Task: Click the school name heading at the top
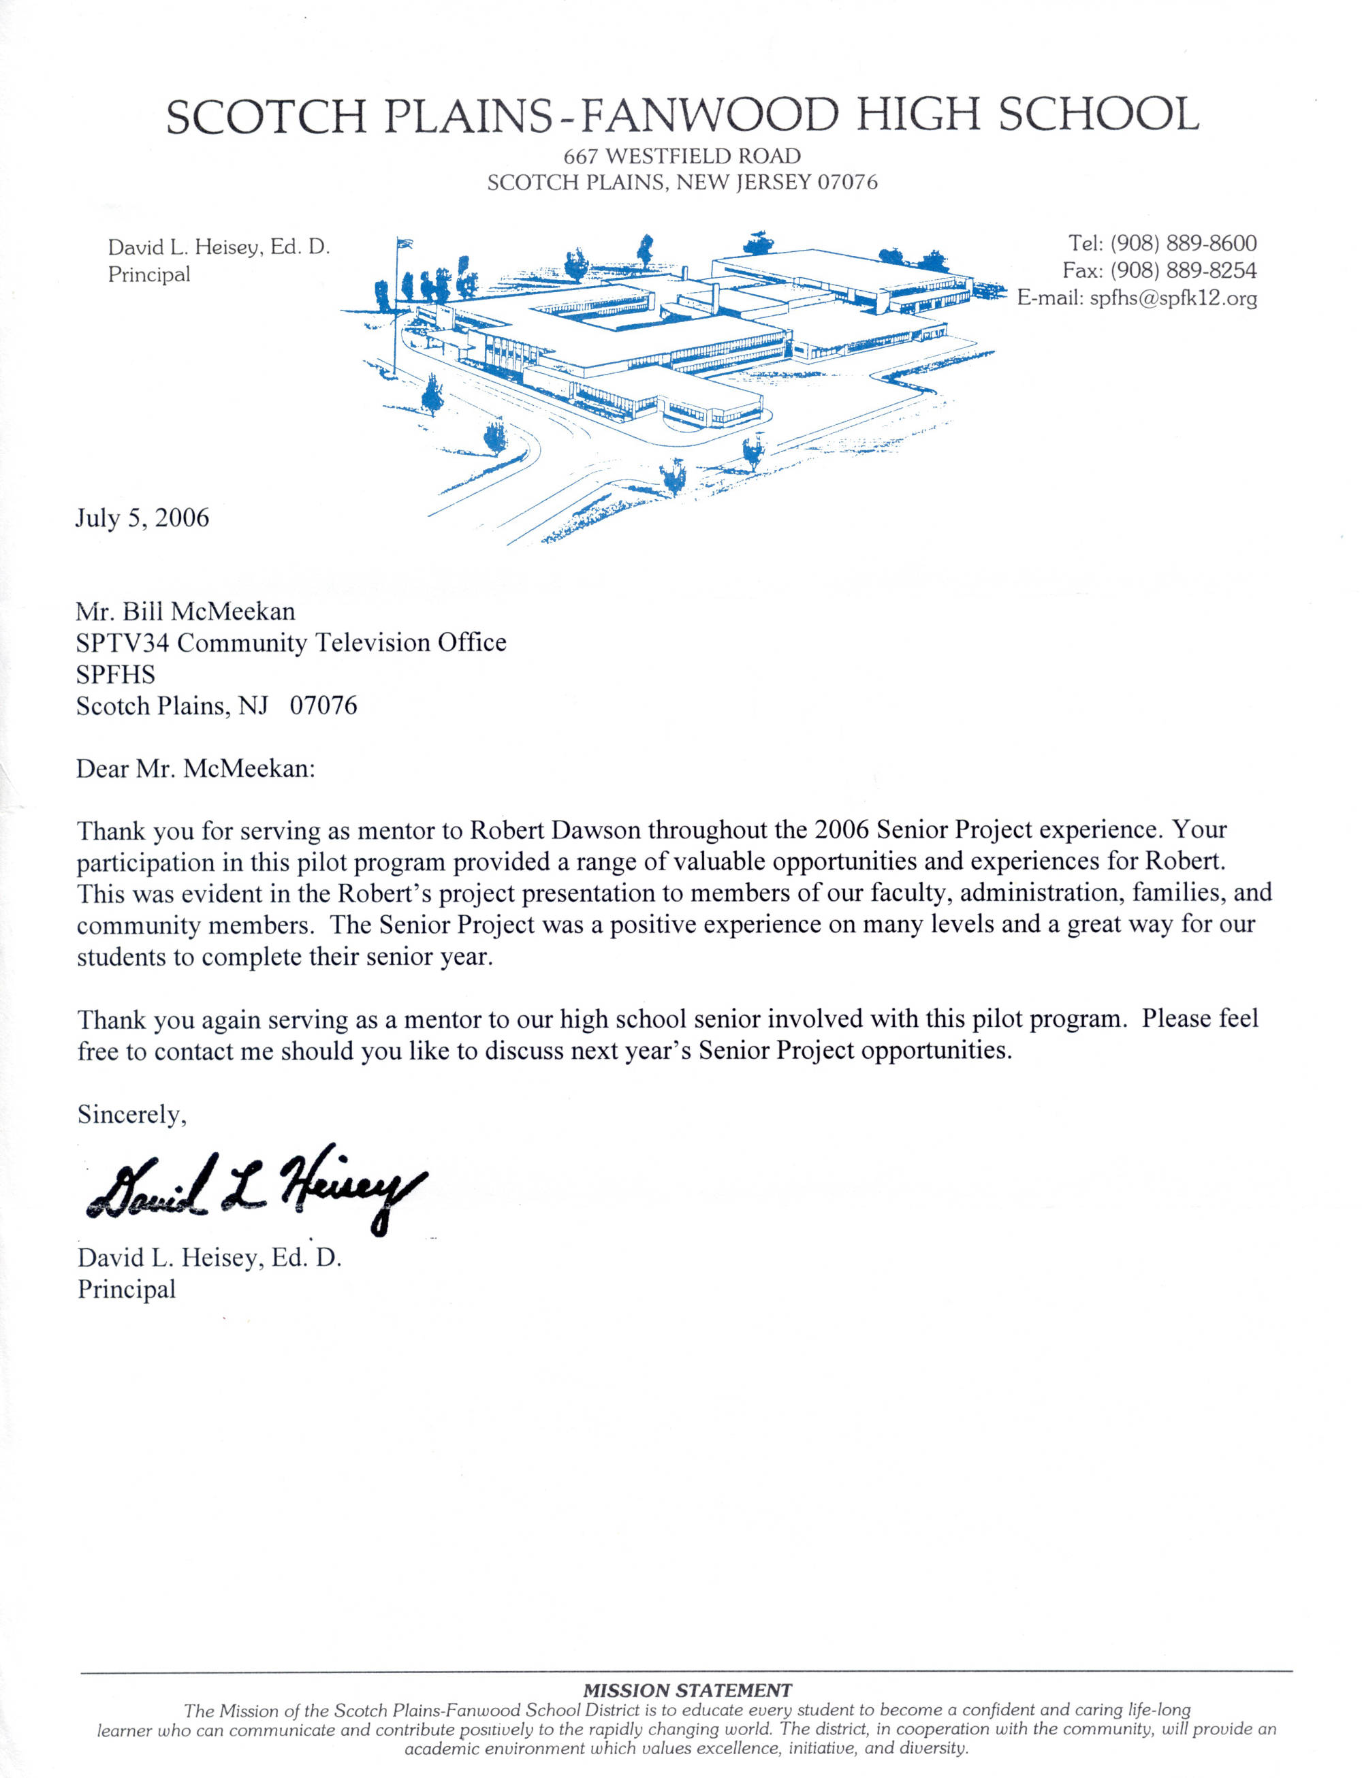682,115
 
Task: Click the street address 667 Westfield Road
682,156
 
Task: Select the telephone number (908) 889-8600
1183,243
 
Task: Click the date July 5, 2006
142,518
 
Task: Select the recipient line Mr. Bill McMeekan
186,612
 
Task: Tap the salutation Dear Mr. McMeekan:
195,769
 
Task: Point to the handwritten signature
255,1188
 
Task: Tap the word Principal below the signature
127,1289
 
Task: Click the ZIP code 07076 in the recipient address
323,706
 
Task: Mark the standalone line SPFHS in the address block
115,675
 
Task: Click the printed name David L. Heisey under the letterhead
184,247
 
